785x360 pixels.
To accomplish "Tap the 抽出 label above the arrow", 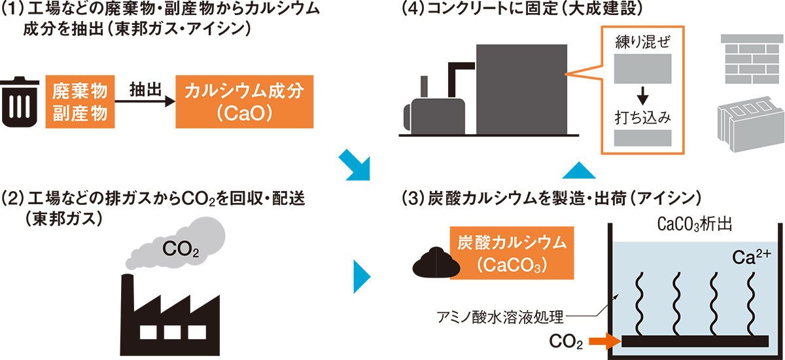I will coord(145,89).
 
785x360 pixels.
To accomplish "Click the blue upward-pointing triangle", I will coord(579,170).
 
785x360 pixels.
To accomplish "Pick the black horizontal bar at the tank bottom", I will coord(693,341).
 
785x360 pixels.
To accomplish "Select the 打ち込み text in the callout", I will coord(643,118).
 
